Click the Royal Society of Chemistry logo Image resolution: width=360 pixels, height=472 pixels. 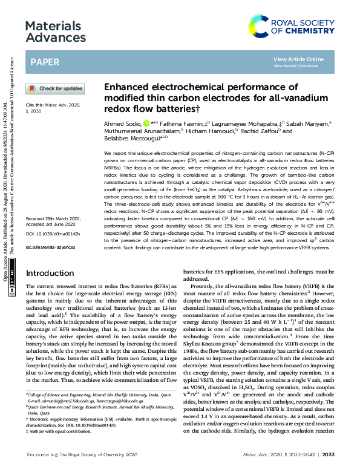[x=296, y=26]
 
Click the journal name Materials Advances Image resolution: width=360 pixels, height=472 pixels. [x=53, y=32]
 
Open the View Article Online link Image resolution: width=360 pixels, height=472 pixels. [x=298, y=59]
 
